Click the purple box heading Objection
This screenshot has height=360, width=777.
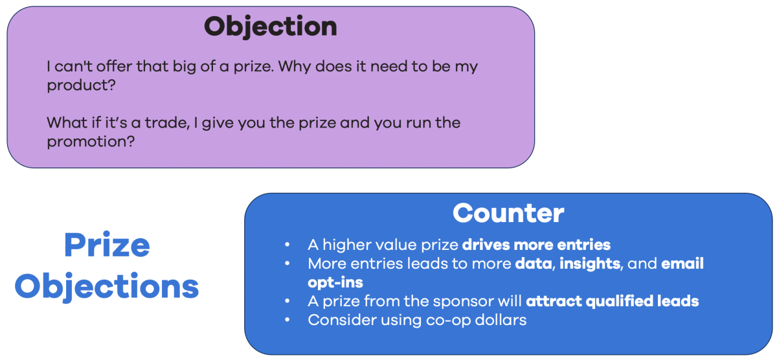click(x=271, y=27)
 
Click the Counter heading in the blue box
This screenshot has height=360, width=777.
click(x=508, y=213)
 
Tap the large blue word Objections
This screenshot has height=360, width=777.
click(x=107, y=286)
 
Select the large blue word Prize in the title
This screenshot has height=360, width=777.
click(x=107, y=245)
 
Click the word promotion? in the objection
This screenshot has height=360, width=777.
click(x=91, y=142)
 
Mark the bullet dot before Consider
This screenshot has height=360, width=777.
click(x=287, y=321)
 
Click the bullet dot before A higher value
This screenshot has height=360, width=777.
click(x=287, y=245)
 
